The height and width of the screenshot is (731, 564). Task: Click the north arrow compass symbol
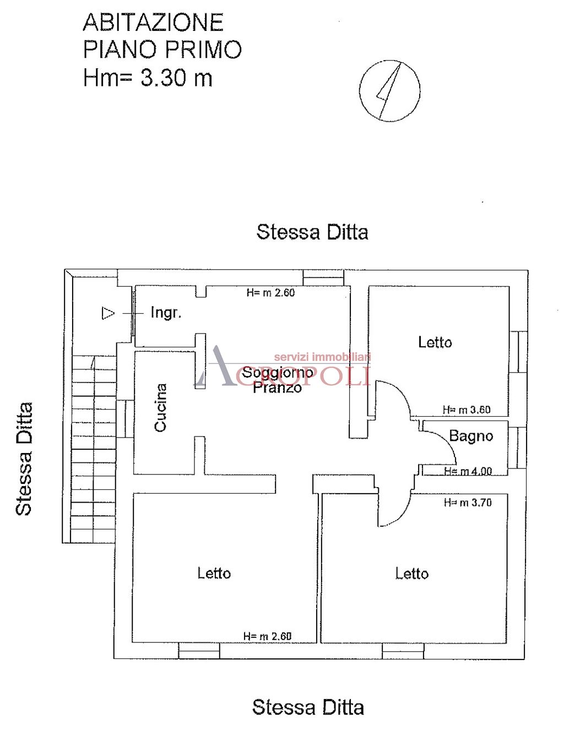[389, 90]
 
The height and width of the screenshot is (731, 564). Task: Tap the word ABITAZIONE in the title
[153, 23]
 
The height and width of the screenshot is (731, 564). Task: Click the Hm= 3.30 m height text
[148, 78]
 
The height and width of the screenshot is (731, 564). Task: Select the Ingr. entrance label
[166, 313]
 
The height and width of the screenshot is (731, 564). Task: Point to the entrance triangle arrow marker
[108, 313]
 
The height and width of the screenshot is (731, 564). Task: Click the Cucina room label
[160, 407]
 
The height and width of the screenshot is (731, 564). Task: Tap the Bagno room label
[471, 437]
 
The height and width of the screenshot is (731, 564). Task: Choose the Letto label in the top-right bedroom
[435, 342]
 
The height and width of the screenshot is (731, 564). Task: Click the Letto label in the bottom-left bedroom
[214, 574]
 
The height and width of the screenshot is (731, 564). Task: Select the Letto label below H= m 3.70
[412, 574]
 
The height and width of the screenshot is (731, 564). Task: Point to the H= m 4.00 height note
[468, 471]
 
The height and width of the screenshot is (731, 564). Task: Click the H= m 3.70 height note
[468, 503]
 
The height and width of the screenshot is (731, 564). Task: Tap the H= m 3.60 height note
[467, 410]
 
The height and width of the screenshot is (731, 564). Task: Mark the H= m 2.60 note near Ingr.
[270, 293]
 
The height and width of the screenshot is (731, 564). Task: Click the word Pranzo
[277, 388]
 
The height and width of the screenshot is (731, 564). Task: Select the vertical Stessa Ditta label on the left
[24, 459]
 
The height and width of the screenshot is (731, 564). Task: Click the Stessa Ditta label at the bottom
[308, 707]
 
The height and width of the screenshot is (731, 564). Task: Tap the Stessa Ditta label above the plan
[312, 232]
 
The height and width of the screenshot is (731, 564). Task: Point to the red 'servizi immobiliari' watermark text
[322, 357]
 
